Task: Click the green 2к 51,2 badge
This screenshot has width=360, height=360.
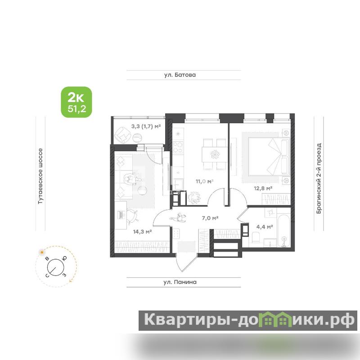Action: pos(76,102)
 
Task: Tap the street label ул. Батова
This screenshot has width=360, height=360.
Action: pos(180,75)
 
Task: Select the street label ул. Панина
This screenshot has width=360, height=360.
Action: pos(180,282)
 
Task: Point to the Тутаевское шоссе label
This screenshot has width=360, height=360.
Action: pos(40,176)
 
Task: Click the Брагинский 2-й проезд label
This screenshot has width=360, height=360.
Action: pos(319,178)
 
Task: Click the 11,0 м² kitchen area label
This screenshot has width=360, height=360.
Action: pos(205,181)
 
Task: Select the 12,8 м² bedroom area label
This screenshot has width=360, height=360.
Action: pos(263,189)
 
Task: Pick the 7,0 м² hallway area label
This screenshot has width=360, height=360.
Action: pos(210,218)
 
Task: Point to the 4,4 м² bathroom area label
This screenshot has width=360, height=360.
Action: pos(265,227)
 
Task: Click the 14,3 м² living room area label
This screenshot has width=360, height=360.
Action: pos(142,232)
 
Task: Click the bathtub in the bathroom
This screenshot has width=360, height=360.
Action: pos(284,231)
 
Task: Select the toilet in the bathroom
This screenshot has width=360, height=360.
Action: pos(256,237)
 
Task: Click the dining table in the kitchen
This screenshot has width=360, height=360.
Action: pos(215,154)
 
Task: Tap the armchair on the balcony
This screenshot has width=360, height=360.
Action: pos(122,135)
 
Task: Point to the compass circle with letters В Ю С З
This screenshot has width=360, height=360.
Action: pos(56,267)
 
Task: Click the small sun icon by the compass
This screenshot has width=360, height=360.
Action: pos(42,252)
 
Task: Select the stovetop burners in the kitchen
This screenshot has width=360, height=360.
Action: pos(178,148)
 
